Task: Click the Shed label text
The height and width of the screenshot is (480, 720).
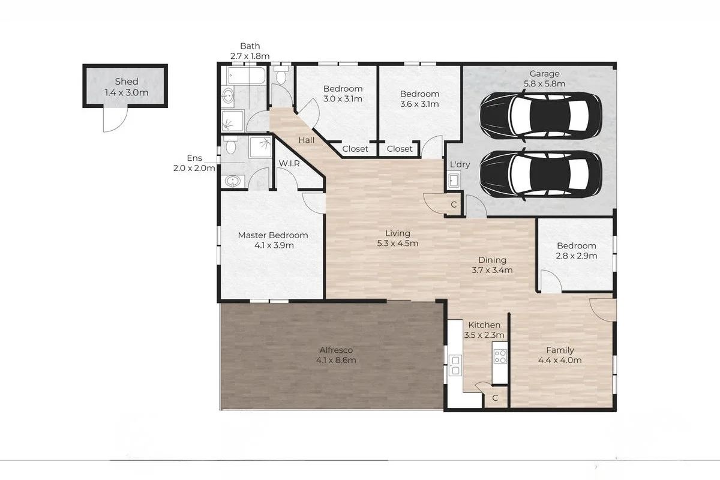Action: click(127, 82)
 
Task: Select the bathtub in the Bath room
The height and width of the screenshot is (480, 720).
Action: click(247, 76)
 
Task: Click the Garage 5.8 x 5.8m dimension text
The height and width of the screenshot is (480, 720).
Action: click(545, 84)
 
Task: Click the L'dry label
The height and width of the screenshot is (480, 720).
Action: click(460, 164)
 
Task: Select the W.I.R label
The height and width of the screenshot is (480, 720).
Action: click(289, 163)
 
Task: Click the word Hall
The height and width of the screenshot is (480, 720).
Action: click(307, 140)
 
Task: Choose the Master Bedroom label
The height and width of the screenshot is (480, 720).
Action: click(273, 235)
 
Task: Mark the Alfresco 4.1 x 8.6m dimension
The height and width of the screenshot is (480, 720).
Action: click(336, 361)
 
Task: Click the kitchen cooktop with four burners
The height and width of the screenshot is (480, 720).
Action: click(500, 356)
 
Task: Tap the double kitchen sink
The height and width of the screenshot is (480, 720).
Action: click(455, 365)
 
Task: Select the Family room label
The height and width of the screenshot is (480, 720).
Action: click(560, 350)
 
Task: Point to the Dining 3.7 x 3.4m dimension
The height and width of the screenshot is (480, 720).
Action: click(492, 271)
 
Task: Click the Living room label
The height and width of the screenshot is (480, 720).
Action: click(398, 233)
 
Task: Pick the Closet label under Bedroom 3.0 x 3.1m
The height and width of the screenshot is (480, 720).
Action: click(355, 149)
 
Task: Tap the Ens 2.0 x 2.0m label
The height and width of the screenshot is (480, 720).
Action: click(194, 163)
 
